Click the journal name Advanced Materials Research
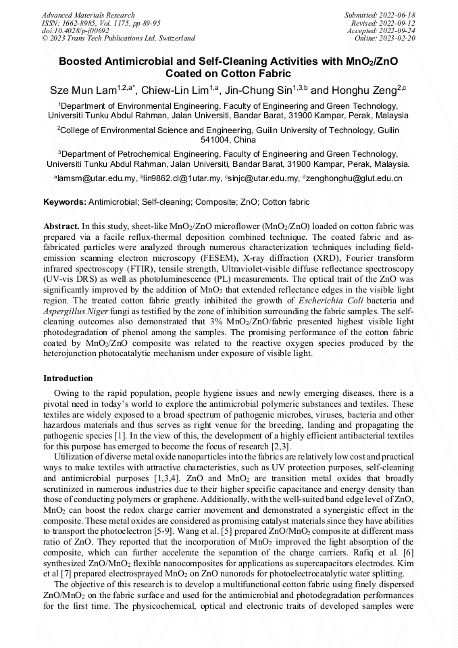pyautogui.click(x=88, y=15)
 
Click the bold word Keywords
pyautogui.click(x=65, y=202)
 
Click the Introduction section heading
pyautogui.click(x=68, y=378)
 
